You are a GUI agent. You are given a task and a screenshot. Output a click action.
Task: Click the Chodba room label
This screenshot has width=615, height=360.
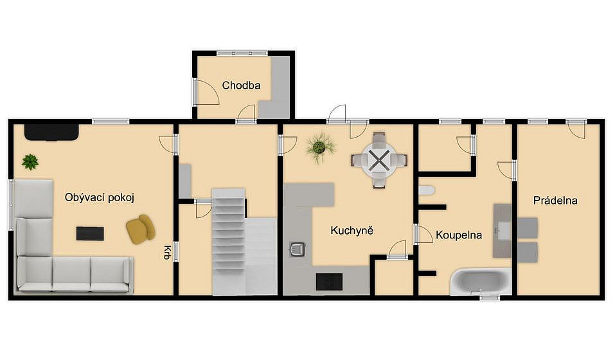pos(241,85)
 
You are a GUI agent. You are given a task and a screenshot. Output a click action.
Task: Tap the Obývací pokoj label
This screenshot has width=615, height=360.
pos(100,197)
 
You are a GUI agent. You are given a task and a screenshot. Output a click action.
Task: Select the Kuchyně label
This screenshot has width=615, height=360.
pos(352,230)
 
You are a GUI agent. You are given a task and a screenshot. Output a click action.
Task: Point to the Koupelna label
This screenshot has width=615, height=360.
pos(459,235)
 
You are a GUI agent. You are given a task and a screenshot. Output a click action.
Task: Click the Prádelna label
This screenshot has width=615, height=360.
pos(555,201)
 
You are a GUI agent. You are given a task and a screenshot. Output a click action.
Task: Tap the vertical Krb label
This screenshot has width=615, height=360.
pos(167,253)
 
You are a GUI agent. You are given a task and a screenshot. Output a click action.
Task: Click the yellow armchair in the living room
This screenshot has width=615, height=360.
pos(141,229)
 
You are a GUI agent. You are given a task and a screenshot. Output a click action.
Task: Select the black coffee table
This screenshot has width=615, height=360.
pos(90,233)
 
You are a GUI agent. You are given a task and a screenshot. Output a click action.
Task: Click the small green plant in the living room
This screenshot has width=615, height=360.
pos(30,161)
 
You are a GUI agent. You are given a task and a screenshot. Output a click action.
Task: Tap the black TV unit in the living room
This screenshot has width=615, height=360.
pos(51,132)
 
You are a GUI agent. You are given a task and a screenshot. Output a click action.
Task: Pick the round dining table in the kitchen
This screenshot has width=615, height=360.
pos(379,160)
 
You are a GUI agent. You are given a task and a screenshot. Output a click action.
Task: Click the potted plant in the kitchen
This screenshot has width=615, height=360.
pos(320,148)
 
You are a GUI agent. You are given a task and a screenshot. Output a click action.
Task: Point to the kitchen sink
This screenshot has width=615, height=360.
pos(298,249)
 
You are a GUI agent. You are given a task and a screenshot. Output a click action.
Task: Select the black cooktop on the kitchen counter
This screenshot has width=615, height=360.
pos(329,282)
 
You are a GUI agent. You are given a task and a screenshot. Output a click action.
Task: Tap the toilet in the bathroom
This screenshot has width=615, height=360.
pos(427,190)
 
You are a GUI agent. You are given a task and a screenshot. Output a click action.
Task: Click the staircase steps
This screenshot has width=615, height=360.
pos(229,231)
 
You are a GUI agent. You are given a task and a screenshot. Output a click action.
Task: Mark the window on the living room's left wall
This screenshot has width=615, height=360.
pos(11,204)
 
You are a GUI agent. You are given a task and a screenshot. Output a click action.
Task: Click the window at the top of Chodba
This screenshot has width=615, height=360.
pos(242,53)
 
